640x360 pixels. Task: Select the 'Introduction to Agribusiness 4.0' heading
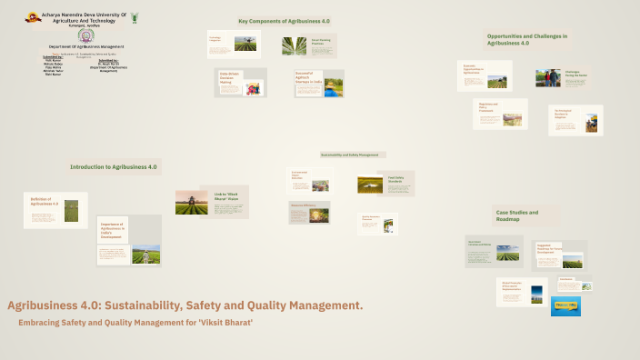click(x=114, y=167)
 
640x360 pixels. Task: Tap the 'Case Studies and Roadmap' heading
click(x=517, y=215)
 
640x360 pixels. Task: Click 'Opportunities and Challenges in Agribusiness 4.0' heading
click(x=527, y=39)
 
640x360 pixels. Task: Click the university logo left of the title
click(x=33, y=16)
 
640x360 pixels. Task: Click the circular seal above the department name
click(x=85, y=36)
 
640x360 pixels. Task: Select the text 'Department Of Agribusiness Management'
click(x=86, y=46)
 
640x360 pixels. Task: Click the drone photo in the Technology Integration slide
click(x=245, y=44)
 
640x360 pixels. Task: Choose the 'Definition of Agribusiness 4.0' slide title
click(x=44, y=201)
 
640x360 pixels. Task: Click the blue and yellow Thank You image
click(x=565, y=306)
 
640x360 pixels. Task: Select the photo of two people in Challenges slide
click(x=548, y=78)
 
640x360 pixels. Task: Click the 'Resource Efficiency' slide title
click(x=303, y=205)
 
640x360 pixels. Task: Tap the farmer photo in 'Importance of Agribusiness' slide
click(x=145, y=255)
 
